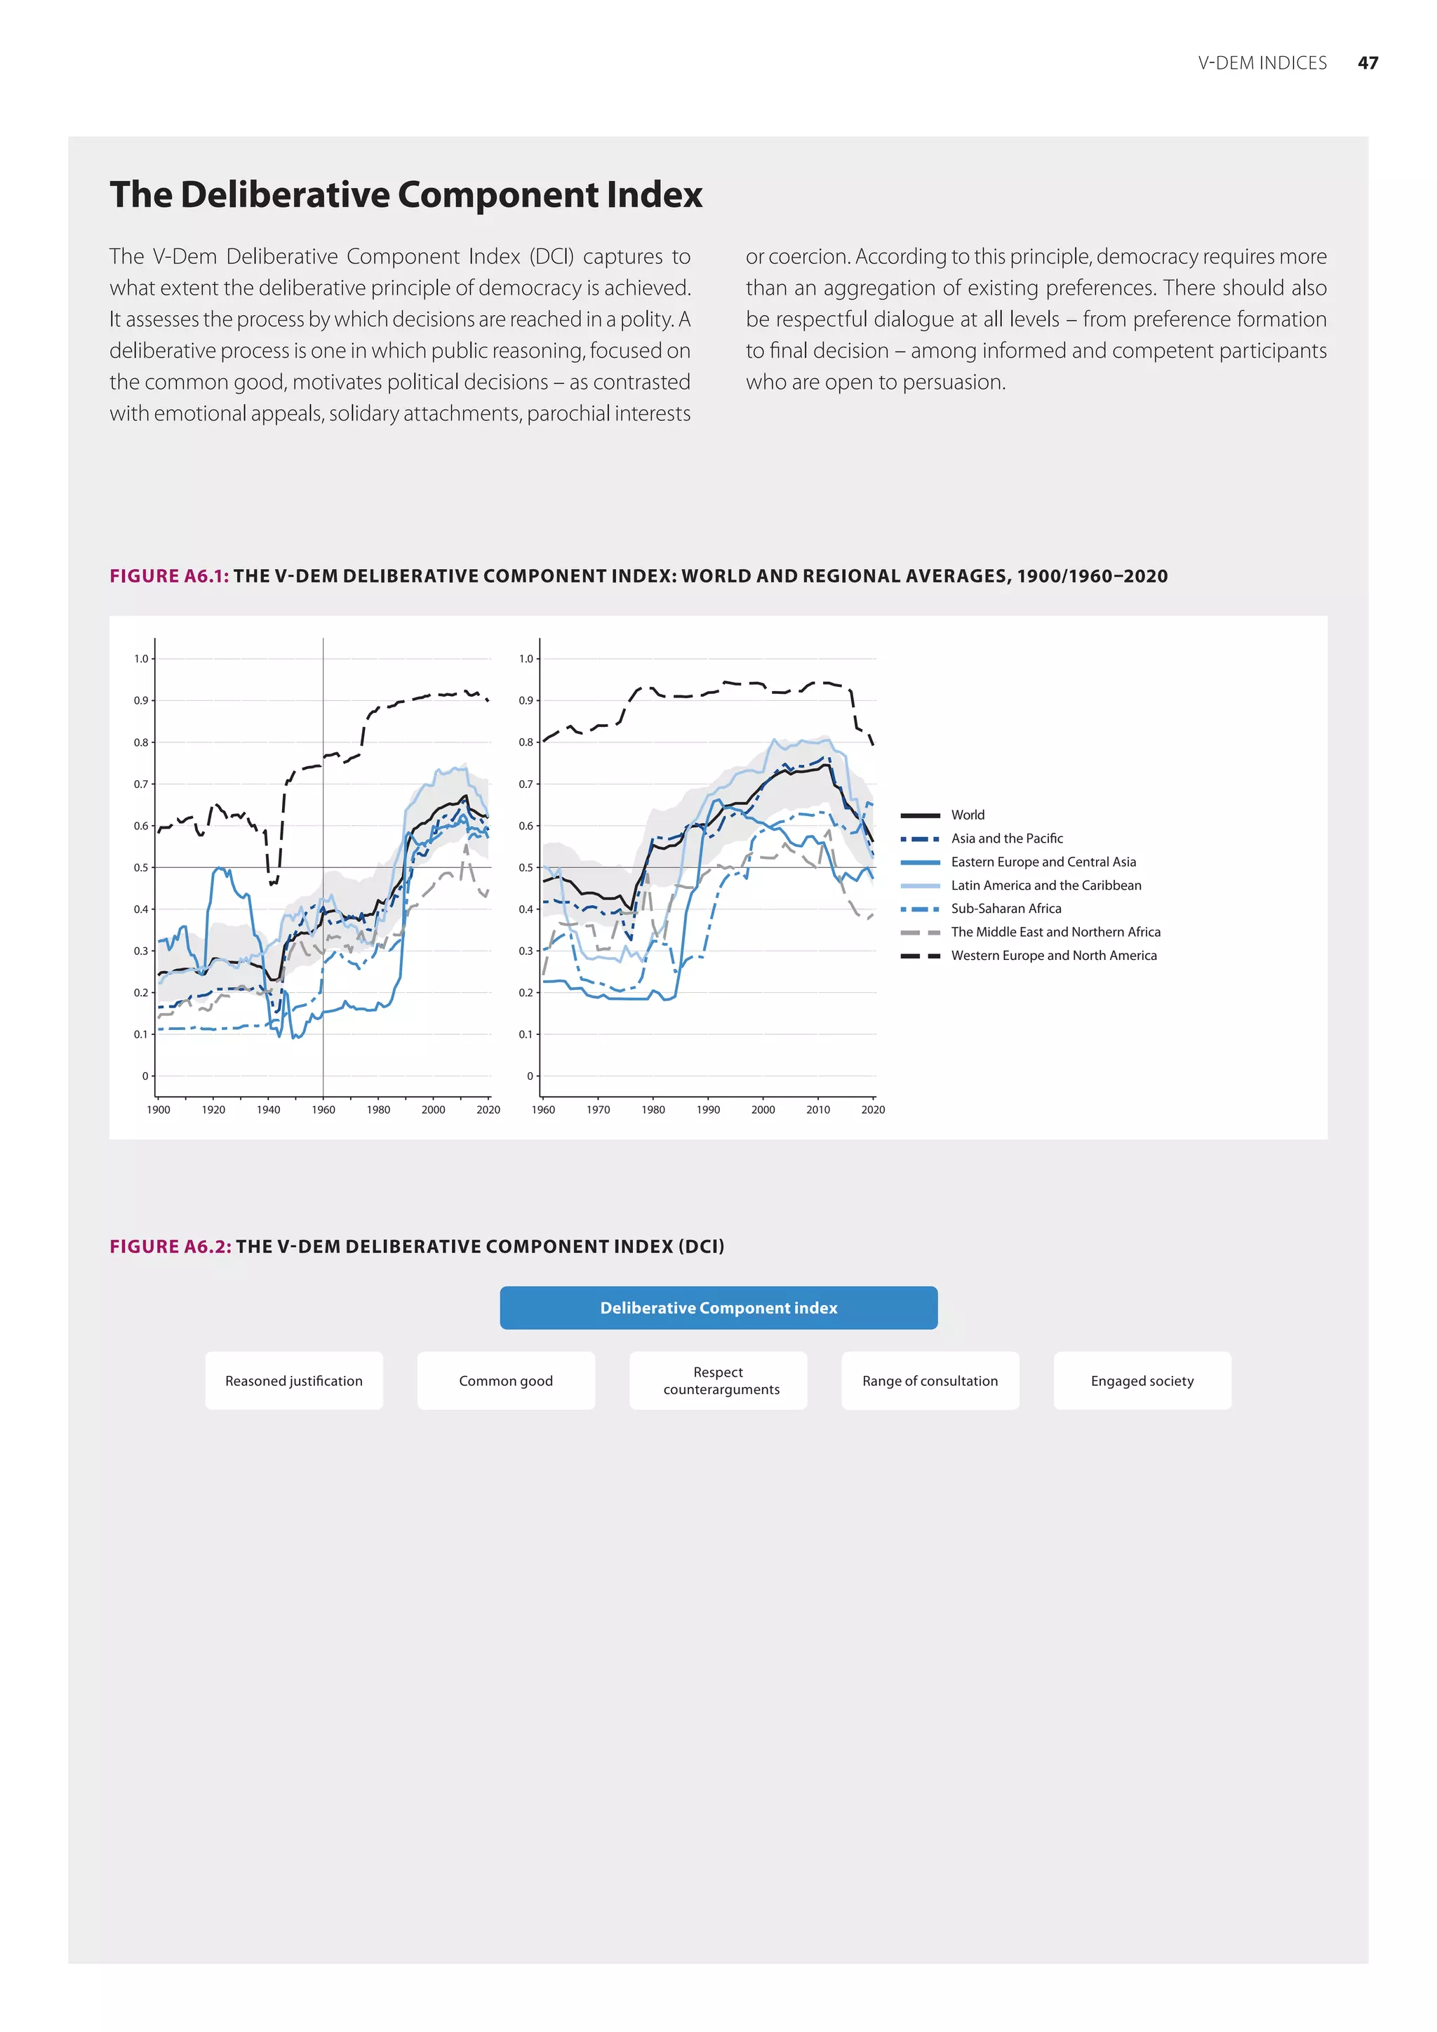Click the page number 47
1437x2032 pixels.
click(1367, 63)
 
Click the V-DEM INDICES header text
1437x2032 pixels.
click(1262, 63)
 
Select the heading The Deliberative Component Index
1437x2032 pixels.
click(406, 194)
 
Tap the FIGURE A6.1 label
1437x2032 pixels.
click(169, 576)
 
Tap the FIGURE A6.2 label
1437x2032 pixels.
click(170, 1246)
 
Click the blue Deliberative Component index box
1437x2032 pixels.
click(718, 1307)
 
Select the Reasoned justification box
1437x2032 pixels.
click(294, 1381)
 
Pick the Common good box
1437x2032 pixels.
click(506, 1381)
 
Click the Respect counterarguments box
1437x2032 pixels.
click(718, 1381)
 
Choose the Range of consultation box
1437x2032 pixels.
click(930, 1381)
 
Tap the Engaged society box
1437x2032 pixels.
click(1142, 1381)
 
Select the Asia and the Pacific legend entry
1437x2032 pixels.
click(1007, 838)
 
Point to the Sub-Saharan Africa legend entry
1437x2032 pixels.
click(1006, 908)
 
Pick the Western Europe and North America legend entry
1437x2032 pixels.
click(1054, 955)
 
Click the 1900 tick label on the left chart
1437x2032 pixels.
click(159, 1110)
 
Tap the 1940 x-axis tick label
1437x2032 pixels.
click(268, 1110)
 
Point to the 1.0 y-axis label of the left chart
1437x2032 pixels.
click(142, 658)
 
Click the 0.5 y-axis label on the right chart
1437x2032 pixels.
click(526, 867)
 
